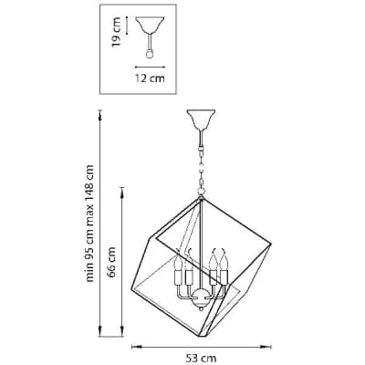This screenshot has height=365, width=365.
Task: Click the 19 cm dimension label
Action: pos(117,32)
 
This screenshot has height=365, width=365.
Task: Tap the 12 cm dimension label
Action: pos(150,78)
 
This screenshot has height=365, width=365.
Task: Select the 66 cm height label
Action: pos(112,262)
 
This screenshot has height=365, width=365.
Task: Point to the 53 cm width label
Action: pos(201,358)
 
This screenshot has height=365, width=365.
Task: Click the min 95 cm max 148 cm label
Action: pos(89,224)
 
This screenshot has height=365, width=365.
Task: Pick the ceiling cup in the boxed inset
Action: pos(150,25)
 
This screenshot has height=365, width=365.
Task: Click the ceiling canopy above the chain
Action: pos(201,120)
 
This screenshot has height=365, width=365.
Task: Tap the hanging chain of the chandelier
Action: pos(201,162)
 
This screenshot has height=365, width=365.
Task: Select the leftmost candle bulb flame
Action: pos(178,262)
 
